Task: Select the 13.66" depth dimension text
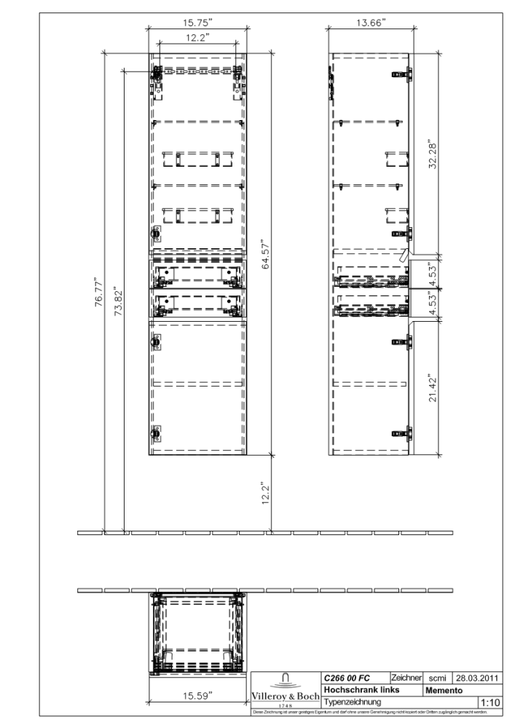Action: coord(371,22)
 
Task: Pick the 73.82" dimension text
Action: coord(118,296)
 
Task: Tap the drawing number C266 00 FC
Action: coord(348,678)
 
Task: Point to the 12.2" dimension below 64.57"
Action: coord(267,492)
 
